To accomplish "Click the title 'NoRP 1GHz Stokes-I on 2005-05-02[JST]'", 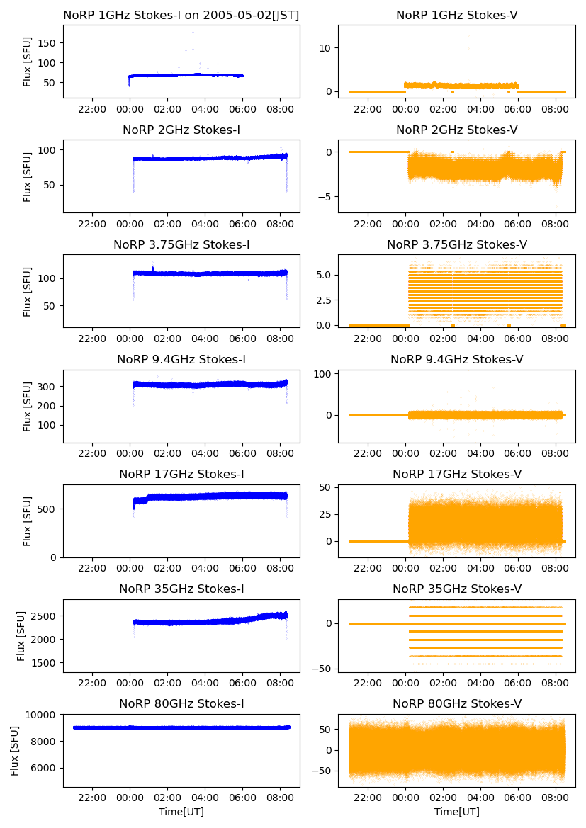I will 181,15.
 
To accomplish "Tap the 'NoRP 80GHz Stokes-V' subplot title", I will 456,703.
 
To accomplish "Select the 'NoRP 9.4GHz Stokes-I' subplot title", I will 181,359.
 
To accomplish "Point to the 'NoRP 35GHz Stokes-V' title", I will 456,589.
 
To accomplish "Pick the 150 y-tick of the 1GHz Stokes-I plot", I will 47,43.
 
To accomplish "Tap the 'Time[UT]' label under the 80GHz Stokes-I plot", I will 181,812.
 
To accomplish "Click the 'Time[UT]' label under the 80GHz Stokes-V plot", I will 456,812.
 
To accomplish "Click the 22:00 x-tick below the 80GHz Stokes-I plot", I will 92,798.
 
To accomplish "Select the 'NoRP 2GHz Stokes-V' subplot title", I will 456,130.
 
